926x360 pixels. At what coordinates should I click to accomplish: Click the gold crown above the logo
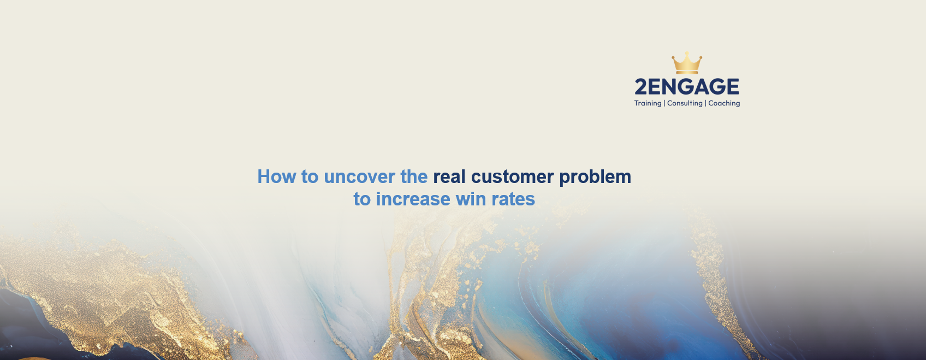coord(687,63)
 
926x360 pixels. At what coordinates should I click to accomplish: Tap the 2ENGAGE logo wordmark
coord(687,87)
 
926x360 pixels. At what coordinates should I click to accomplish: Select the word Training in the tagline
coord(648,103)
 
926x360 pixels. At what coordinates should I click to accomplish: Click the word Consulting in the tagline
coord(685,103)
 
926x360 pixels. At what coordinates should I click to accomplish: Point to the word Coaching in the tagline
coord(724,103)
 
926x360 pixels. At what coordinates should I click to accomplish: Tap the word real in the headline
coord(449,176)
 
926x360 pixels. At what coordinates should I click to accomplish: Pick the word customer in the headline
coord(512,176)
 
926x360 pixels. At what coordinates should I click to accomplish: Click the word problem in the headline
coord(595,177)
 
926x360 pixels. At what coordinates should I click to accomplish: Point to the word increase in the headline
coord(413,199)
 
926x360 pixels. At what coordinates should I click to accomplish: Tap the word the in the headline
coord(414,176)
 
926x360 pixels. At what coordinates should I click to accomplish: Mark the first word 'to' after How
coord(310,176)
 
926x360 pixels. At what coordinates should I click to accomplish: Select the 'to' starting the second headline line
coord(361,199)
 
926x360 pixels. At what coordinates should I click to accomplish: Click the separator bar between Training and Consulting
coord(664,103)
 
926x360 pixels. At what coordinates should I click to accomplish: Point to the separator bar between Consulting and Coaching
coord(705,103)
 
